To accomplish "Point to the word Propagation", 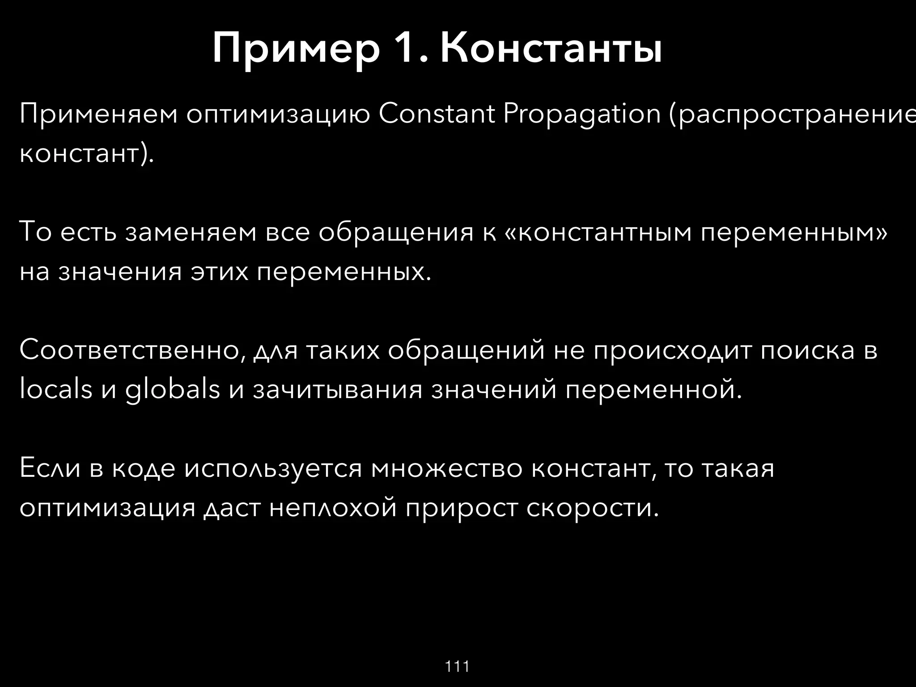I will [x=582, y=115].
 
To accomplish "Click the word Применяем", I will [x=98, y=115].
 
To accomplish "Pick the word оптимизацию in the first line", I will [x=278, y=115].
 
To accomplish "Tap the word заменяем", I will [x=191, y=233].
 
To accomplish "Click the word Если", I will [x=50, y=468].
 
